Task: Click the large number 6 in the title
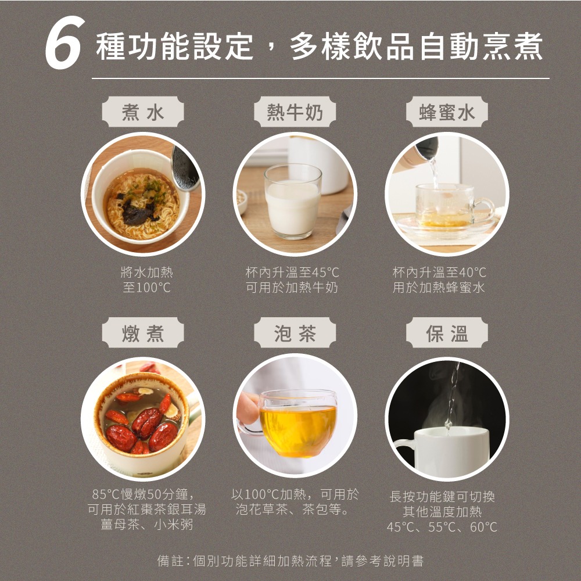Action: click(x=64, y=42)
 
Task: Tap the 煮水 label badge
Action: click(x=143, y=112)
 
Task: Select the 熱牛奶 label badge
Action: click(x=295, y=112)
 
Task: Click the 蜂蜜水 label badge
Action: click(x=447, y=112)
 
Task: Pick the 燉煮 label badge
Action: click(x=143, y=333)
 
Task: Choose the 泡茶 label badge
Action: click(x=295, y=333)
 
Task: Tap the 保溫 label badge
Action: click(x=447, y=333)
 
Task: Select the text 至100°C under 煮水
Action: click(x=147, y=288)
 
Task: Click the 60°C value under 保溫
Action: click(x=483, y=527)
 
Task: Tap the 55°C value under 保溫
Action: click(x=442, y=527)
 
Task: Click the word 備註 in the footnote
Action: click(x=170, y=561)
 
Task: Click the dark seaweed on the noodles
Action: click(x=137, y=212)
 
